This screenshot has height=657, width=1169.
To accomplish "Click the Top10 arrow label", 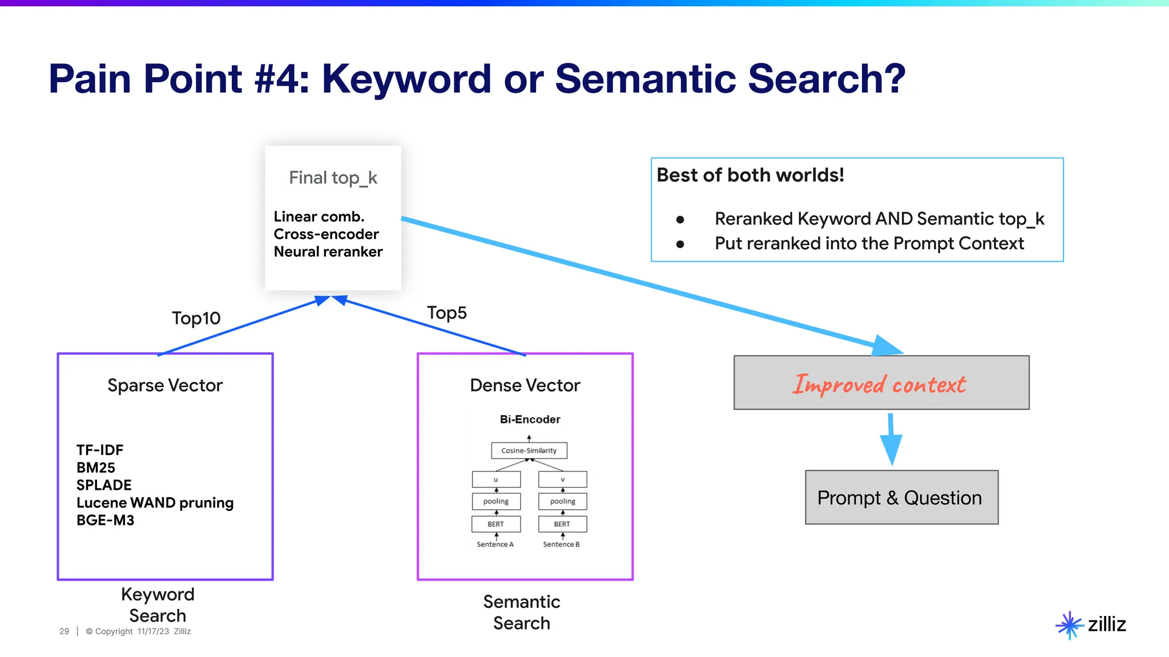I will pos(196,318).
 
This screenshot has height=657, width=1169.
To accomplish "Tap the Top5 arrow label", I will pos(446,313).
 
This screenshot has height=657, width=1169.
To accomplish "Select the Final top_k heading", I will pos(333,178).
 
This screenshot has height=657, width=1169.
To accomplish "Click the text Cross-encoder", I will pos(326,234).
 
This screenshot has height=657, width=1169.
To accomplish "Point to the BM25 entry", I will pos(96,468).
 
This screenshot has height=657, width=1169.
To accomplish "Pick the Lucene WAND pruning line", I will pos(155,502).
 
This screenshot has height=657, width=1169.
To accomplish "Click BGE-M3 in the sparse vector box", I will pos(105,520).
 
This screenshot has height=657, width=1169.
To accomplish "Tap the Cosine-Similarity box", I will pos(529,451).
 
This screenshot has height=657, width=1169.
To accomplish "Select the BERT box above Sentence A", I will pos(495,524).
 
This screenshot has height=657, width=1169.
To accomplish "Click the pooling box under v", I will pos(562,501).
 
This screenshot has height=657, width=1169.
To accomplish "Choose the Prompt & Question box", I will pos(901,497).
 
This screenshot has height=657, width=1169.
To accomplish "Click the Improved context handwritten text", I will pos(880,384).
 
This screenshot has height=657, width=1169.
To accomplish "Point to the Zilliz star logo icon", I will pos(1069,625).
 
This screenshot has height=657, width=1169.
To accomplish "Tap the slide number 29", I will pos(64,631).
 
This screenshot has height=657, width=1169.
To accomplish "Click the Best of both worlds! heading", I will pos(750,175).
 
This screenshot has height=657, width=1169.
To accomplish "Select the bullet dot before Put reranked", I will pos(680,244).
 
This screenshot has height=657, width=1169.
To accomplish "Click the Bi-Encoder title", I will pos(530,419).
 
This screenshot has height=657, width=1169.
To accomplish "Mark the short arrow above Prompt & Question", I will pos(890,439).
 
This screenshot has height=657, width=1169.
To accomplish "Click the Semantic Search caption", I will pos(521,612).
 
